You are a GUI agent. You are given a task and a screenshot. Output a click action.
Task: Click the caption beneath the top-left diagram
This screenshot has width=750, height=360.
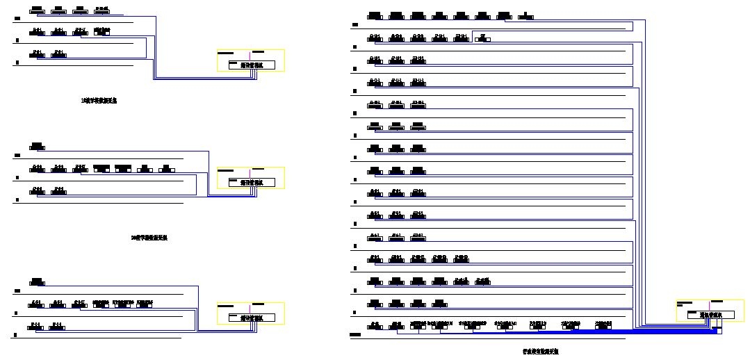[x=99, y=101]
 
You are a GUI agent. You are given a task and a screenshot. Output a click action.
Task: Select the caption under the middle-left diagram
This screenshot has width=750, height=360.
[x=149, y=238]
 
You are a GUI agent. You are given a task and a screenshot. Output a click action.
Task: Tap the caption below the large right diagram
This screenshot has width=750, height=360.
[x=540, y=352]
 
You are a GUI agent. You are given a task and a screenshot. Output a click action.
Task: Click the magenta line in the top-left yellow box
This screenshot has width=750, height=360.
[x=251, y=56]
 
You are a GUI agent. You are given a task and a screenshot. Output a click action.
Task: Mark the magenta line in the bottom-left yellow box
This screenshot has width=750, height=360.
[x=251, y=308]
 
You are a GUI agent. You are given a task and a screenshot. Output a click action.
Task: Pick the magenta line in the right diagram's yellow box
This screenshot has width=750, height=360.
[x=709, y=306]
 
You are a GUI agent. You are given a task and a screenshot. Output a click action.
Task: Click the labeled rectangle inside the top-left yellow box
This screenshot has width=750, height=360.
[x=252, y=65]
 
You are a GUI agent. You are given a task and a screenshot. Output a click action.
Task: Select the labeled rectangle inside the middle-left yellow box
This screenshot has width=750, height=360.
[x=252, y=183]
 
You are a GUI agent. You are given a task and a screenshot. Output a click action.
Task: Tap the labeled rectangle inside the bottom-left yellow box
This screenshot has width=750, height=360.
[x=252, y=318]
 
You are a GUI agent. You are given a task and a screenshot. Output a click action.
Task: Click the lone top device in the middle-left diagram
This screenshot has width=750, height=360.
[x=37, y=147]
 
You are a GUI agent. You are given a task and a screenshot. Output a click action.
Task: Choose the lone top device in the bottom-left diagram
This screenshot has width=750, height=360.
[x=37, y=281]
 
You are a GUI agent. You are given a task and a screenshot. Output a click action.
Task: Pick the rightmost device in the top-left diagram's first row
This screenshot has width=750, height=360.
[x=101, y=10]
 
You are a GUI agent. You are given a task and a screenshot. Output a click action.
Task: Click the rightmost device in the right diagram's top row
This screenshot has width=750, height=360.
[x=528, y=15]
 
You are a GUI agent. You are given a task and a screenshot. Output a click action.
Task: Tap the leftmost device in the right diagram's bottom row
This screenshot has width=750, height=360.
[x=375, y=326]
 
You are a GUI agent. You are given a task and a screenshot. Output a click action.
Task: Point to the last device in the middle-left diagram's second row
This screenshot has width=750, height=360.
[x=166, y=169]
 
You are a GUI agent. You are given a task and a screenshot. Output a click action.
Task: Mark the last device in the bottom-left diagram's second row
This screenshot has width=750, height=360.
[x=145, y=304]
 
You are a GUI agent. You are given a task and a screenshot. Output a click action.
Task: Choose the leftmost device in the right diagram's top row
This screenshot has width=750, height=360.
[x=374, y=15]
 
